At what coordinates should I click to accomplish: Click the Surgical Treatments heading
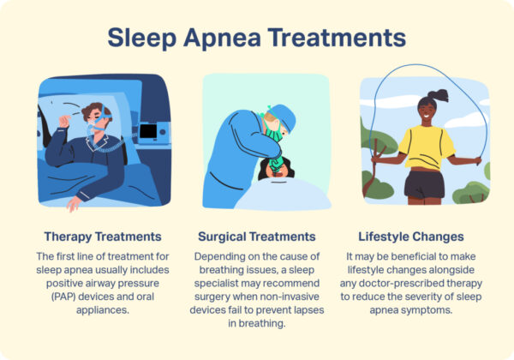coord(256,236)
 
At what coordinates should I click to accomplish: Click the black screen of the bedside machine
coord(147,132)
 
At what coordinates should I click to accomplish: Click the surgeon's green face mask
coord(273,129)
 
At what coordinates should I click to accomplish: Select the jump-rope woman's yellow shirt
coord(426,147)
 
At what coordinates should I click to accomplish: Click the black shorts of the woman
coord(425,182)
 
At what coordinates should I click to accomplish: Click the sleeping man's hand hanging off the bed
coord(74,203)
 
